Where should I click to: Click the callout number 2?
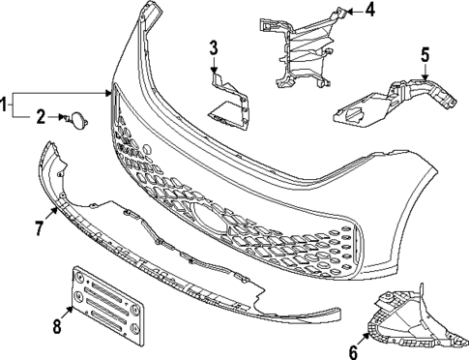41,118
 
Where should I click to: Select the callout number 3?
214,46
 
